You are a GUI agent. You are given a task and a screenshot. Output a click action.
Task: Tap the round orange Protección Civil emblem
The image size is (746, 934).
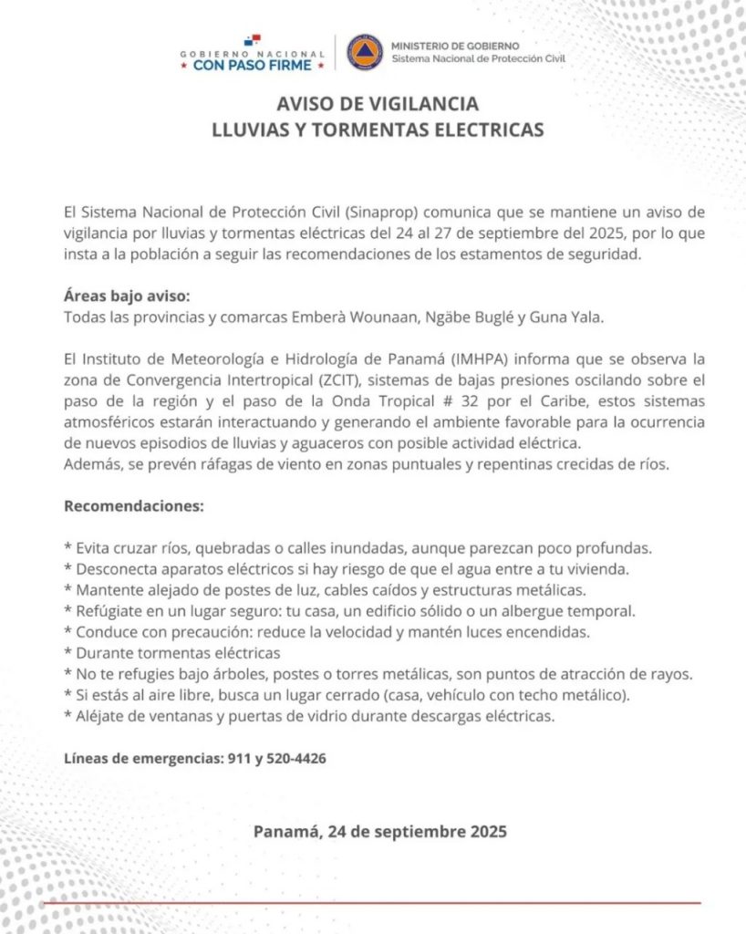point(365,53)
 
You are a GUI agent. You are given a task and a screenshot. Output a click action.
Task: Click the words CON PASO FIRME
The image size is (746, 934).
point(253,66)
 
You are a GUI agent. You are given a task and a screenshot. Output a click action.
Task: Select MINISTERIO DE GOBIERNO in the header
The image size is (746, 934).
point(455,46)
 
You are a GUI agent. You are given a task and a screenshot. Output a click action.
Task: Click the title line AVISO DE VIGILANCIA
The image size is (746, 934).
point(378,103)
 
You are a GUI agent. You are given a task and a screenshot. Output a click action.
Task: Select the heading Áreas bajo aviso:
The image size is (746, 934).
point(128,297)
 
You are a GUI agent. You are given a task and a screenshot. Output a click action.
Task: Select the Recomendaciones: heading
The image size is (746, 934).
point(134,504)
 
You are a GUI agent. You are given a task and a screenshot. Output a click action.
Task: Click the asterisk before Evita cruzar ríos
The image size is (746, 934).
point(68,549)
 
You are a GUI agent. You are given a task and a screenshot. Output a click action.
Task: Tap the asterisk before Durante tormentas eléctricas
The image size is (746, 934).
point(68,654)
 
